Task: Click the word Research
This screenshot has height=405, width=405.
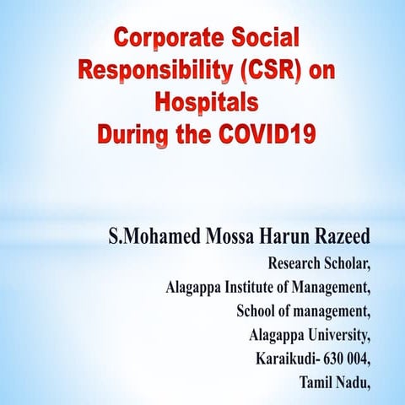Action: coord(296,261)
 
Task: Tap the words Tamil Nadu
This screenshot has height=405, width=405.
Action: coord(334,383)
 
